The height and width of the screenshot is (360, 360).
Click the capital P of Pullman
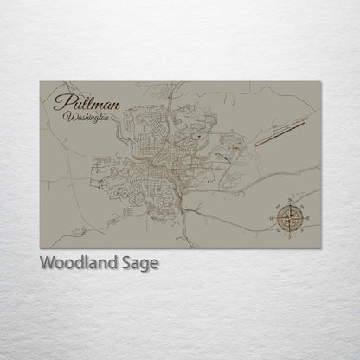coord(61,102)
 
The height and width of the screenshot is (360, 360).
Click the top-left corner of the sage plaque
coord(40,81)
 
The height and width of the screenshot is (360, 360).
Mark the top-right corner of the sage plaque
coord(321,81)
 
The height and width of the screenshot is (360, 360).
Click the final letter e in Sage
coord(154,265)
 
